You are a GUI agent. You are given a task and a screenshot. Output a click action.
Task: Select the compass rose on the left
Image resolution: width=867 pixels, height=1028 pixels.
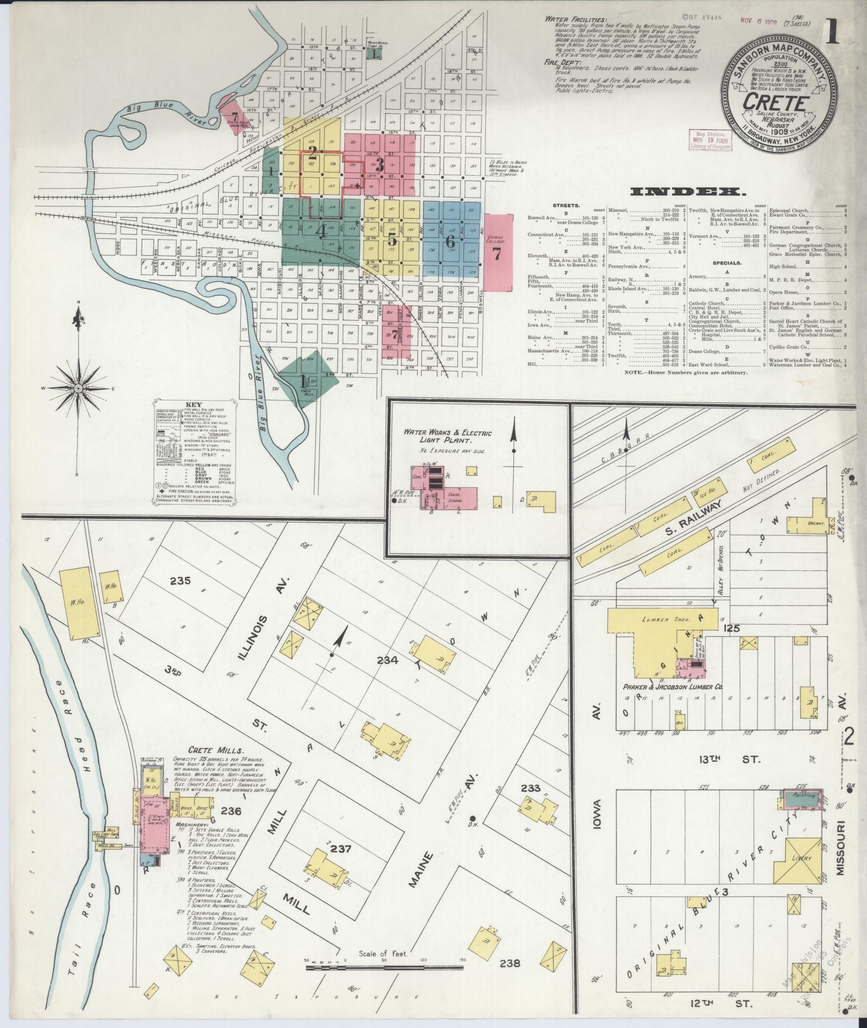pos(78,387)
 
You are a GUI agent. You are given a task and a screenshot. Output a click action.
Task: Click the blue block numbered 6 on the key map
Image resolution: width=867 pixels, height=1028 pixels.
pos(450,241)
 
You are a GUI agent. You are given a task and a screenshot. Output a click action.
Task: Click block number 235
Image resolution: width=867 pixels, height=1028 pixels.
pos(181,580)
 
